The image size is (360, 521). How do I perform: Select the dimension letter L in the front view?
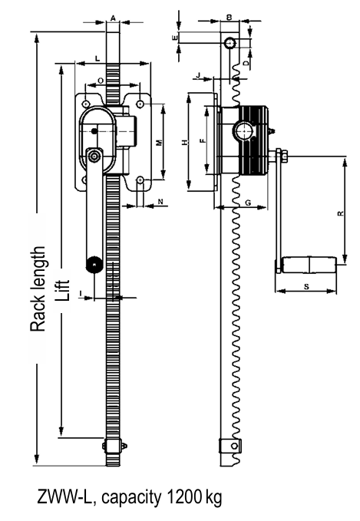click(x=97, y=58)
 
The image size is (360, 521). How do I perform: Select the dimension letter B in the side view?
click(x=230, y=15)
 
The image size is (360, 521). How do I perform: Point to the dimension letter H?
click(x=184, y=142)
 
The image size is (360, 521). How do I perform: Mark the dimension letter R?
click(x=339, y=214)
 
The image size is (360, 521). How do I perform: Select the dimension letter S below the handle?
click(x=306, y=285)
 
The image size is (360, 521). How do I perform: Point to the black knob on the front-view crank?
click(x=94, y=265)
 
